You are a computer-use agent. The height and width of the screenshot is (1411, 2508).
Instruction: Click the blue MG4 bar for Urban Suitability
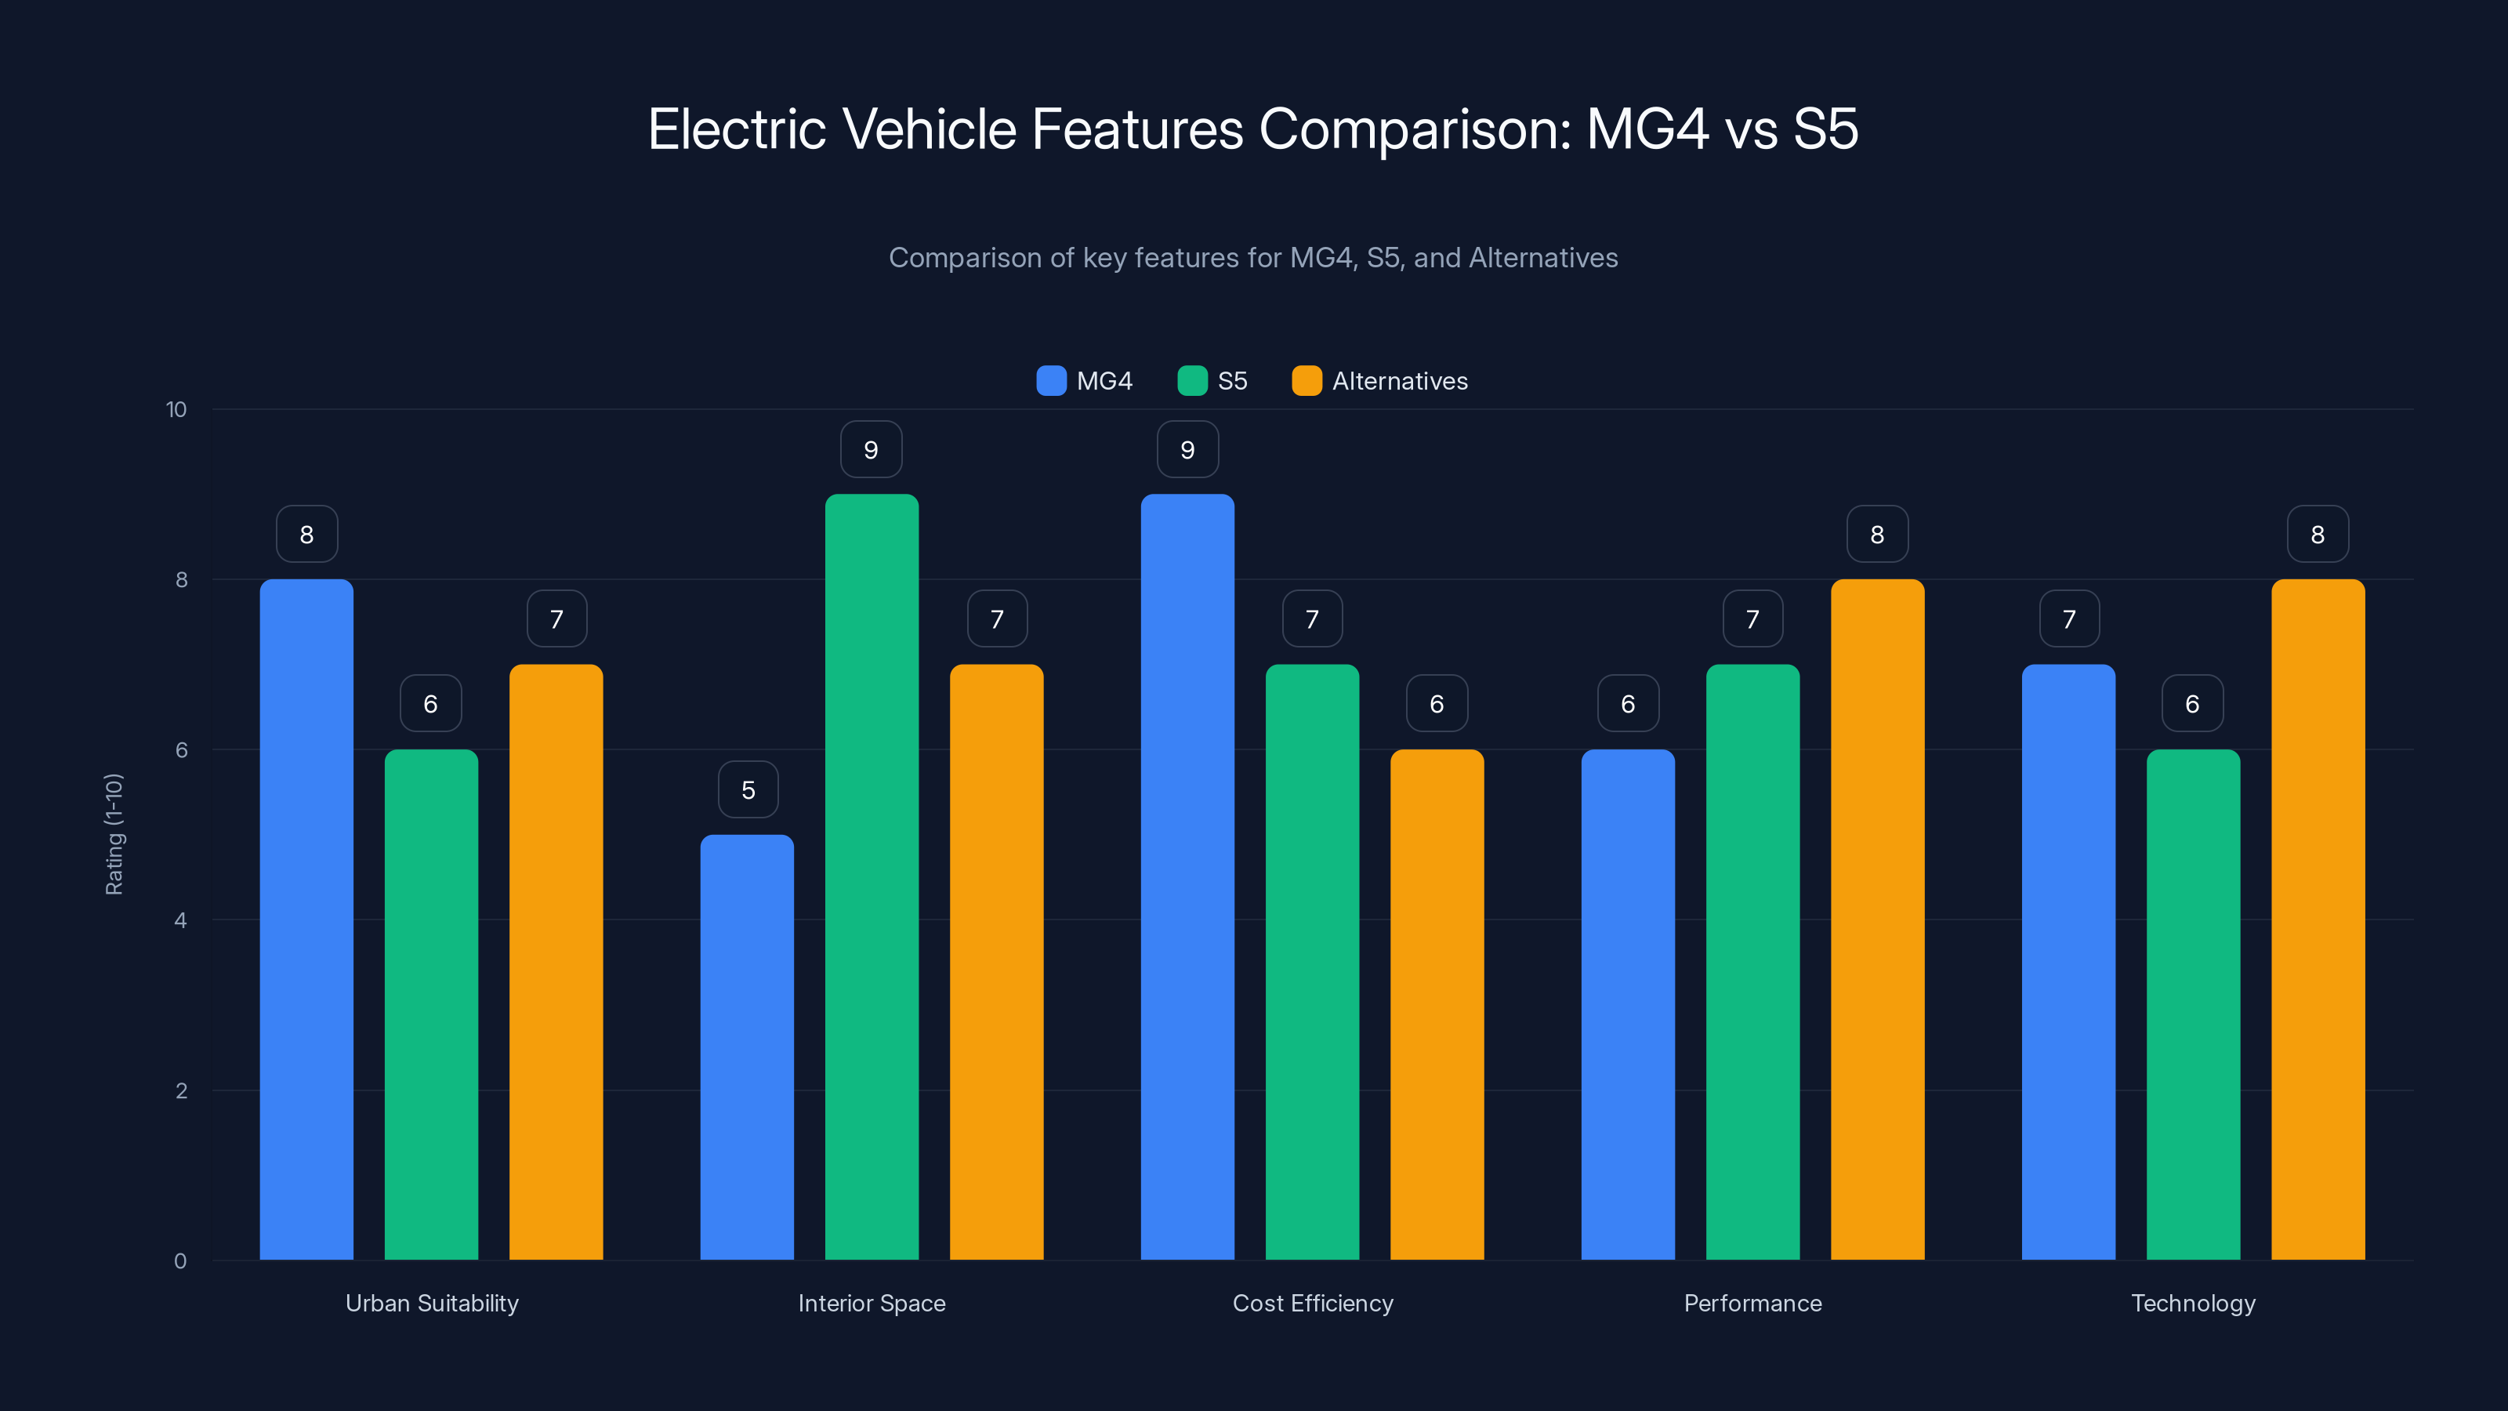coord(306,920)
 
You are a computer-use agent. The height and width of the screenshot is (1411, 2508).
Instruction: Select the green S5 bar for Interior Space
coord(872,876)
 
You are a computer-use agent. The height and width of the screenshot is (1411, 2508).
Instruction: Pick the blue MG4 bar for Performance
coord(1628,1004)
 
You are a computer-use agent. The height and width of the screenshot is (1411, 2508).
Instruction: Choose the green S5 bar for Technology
coord(2193,1004)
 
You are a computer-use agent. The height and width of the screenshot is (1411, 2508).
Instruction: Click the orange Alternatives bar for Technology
coord(2318,920)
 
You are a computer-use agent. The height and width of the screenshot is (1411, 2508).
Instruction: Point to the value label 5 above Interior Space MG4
coord(748,789)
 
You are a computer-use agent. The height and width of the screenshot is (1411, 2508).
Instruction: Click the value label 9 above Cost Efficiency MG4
coord(1187,450)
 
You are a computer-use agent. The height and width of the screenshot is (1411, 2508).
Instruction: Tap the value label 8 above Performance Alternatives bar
coord(1877,535)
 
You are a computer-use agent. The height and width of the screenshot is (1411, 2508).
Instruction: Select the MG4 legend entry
coord(1085,381)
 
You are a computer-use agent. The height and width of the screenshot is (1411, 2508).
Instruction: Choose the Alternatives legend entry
coord(1379,381)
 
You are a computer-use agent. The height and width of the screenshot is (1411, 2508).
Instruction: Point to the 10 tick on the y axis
coord(176,410)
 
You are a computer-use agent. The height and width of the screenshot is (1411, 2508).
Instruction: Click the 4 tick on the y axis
coord(180,920)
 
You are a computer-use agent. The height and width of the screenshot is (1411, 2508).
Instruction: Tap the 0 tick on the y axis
coord(180,1261)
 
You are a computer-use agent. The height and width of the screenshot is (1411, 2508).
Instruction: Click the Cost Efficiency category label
coord(1313,1303)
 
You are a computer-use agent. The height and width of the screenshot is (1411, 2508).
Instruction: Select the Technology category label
coord(2193,1303)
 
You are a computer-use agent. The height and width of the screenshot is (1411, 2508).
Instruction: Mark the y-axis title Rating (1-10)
coord(114,835)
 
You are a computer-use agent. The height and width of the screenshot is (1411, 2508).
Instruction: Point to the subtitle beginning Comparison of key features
coord(1253,258)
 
